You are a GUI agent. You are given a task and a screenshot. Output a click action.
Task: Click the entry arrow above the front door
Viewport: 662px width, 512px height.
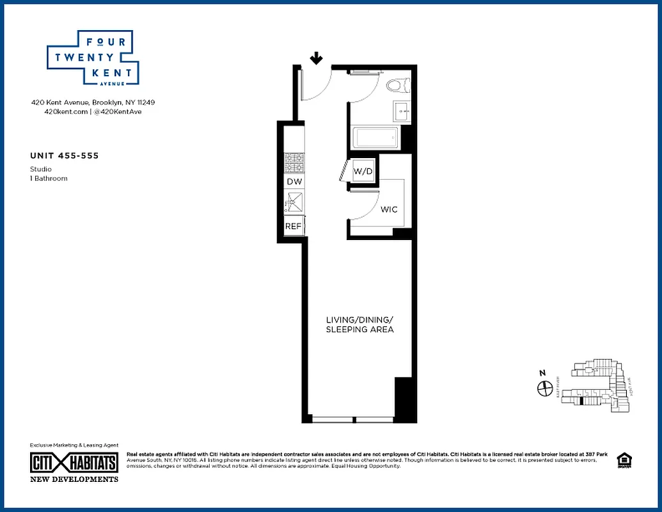click(316, 59)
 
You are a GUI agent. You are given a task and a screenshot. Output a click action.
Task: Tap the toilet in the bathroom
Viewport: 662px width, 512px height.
click(397, 85)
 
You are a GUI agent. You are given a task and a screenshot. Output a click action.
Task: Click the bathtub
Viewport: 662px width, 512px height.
click(376, 138)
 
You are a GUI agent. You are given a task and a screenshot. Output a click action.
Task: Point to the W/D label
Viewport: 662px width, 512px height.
click(363, 171)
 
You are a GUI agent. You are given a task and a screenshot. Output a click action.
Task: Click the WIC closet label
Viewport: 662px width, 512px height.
click(389, 209)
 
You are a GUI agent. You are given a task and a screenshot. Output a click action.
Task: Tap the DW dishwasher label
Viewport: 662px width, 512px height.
click(294, 182)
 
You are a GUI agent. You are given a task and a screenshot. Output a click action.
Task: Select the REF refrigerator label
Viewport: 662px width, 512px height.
click(293, 226)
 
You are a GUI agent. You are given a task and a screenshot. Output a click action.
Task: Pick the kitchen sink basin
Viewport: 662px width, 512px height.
click(293, 204)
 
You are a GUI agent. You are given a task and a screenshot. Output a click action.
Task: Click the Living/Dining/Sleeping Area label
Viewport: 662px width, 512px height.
click(359, 324)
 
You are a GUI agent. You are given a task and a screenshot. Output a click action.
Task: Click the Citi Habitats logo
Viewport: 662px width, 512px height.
click(74, 463)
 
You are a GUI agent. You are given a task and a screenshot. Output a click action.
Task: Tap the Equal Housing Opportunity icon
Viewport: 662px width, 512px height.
click(622, 460)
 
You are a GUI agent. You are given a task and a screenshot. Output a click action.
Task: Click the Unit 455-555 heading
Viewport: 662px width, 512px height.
click(64, 156)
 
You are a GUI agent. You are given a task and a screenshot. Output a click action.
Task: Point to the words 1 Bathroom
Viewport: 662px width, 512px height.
click(49, 179)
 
